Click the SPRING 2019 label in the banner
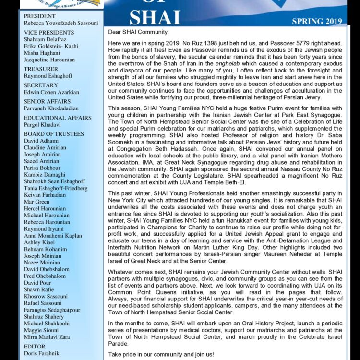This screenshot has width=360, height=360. [x=317, y=21]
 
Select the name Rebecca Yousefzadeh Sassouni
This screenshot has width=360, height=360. [x=60, y=23]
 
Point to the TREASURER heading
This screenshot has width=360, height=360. [x=41, y=69]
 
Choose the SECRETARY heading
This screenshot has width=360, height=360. [x=41, y=85]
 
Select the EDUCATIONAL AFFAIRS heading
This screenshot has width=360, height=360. [x=58, y=118]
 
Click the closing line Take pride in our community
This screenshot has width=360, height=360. [x=161, y=354]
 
